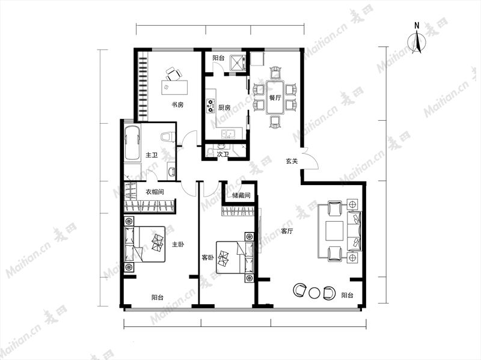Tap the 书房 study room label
pyautogui.click(x=177, y=105)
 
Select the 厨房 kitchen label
pyautogui.click(x=224, y=108)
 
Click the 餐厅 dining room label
pyautogui.click(x=275, y=98)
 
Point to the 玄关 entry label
pyautogui.click(x=292, y=161)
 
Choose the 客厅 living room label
pyautogui.click(x=287, y=231)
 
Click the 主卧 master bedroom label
pyautogui.click(x=178, y=245)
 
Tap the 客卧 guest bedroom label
pyautogui.click(x=207, y=258)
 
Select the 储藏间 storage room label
pyautogui.click(x=241, y=195)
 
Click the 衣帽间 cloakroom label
pyautogui.click(x=155, y=192)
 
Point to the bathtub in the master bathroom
pyautogui.click(x=132, y=142)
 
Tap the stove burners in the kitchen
pyautogui.click(x=210, y=105)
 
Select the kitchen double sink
pyautogui.click(x=228, y=134)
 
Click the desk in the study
pyautogui.click(x=174, y=87)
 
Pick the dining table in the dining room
pyautogui.click(x=275, y=97)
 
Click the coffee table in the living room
pyautogui.click(x=334, y=231)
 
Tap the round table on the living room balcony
pyautogui.click(x=314, y=293)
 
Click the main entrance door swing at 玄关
pyautogui.click(x=310, y=159)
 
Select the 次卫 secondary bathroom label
pyautogui.click(x=222, y=154)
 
